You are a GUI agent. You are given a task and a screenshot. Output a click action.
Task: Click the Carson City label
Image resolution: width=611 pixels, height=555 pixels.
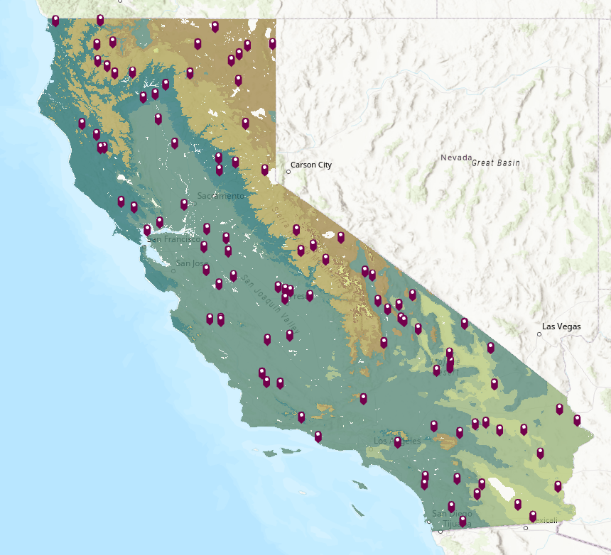pos(311,165)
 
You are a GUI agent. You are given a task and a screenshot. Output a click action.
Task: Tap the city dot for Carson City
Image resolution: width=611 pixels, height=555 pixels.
pos(288,171)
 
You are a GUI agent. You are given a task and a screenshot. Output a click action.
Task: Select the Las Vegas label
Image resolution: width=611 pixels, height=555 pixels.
pos(561,327)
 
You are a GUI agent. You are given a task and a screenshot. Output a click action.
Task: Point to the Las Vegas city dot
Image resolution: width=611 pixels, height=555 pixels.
pos(539,334)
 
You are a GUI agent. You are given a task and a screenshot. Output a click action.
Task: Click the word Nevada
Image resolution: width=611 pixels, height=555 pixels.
pos(455,158)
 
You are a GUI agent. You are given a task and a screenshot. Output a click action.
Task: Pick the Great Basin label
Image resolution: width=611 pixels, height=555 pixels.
pos(496,163)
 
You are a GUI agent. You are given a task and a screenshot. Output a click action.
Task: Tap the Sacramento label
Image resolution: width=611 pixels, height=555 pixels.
pos(221,196)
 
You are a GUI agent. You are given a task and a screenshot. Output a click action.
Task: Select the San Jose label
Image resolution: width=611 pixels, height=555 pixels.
pos(189,263)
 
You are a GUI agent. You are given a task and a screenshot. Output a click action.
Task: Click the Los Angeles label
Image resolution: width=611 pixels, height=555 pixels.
pos(397,441)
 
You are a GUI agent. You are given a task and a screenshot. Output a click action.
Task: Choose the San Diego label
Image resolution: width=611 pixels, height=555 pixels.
pos(453,514)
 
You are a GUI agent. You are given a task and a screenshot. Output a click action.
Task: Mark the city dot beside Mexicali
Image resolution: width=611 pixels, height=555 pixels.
pos(526,528)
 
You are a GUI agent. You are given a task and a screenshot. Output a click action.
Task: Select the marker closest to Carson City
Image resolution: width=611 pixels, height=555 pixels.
pos(265,170)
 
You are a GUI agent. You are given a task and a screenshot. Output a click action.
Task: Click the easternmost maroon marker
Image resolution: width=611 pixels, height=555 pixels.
pos(577,419)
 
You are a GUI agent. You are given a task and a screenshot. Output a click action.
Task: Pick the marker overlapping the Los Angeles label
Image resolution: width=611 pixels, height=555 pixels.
pos(398,442)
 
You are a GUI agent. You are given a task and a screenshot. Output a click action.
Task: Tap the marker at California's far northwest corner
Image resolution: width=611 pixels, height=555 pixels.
pos(55,20)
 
